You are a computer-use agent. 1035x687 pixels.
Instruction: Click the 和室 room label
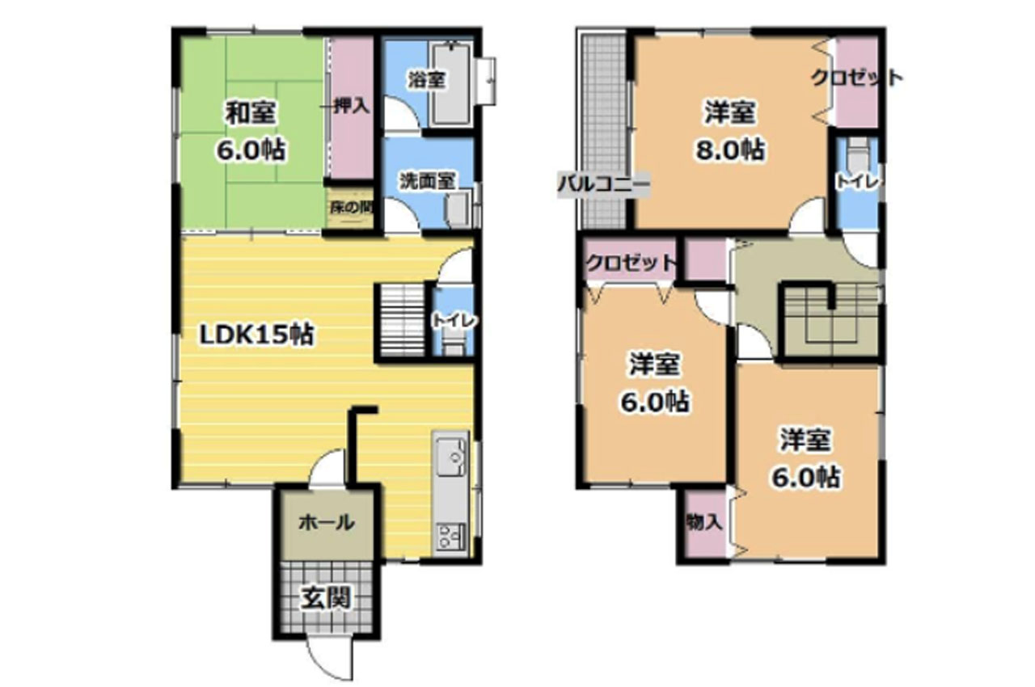click(251, 112)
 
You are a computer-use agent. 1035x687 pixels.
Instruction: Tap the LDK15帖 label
click(256, 335)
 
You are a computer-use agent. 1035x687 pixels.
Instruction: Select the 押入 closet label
click(352, 107)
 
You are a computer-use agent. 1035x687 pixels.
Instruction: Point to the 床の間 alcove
click(350, 208)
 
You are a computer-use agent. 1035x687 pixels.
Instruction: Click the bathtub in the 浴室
click(451, 83)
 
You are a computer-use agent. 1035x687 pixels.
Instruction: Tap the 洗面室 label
click(428, 181)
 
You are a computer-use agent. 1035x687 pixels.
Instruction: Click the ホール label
click(326, 523)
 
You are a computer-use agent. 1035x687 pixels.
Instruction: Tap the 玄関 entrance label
click(326, 598)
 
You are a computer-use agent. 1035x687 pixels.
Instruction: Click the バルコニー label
click(603, 183)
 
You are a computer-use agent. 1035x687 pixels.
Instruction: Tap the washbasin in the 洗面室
click(458, 210)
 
